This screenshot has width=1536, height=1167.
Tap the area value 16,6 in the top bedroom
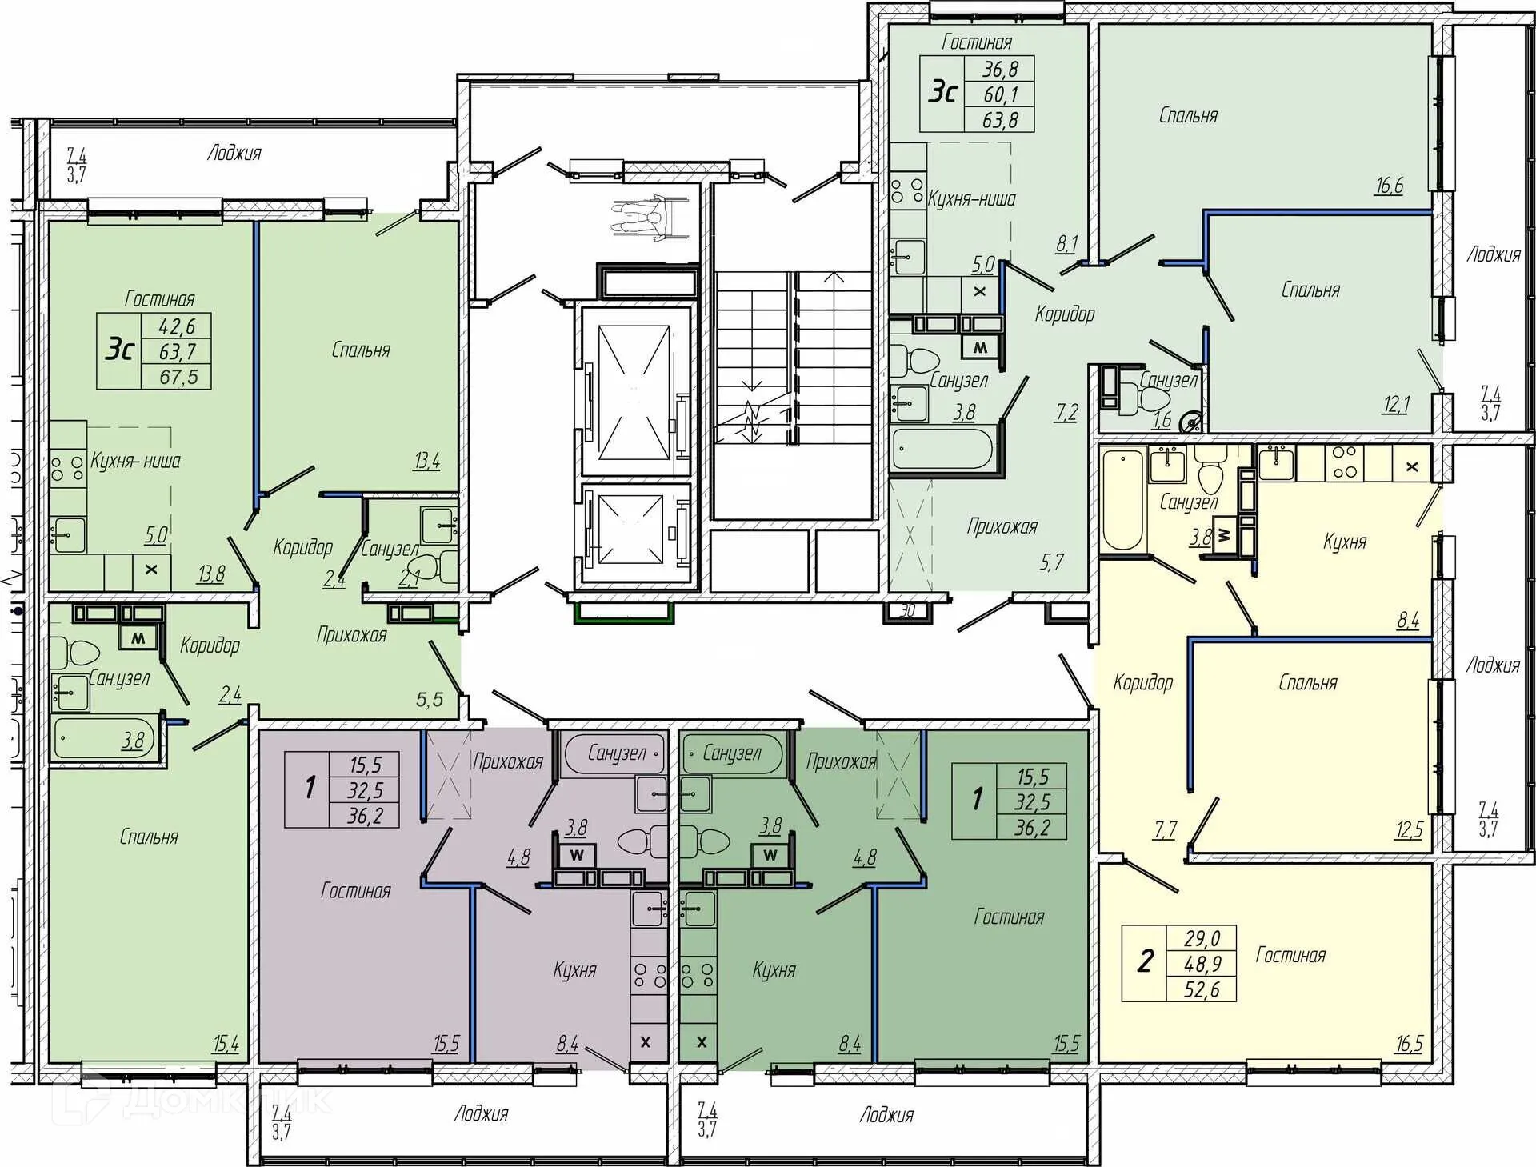tap(1389, 186)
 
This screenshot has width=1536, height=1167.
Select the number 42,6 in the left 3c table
tap(177, 326)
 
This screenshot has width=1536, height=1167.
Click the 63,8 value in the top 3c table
tap(1000, 120)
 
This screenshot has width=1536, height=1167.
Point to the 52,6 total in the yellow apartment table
tap(1202, 989)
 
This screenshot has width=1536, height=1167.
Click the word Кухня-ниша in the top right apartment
tap(972, 198)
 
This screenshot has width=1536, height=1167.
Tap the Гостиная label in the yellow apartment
tap(1290, 955)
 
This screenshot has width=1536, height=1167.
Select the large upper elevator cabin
tap(634, 390)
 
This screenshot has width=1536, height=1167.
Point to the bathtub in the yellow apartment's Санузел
tap(1122, 500)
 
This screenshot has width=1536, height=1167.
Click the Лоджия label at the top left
tap(234, 153)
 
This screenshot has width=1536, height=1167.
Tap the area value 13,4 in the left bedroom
tap(426, 461)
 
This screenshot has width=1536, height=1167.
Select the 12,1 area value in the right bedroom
tap(1396, 405)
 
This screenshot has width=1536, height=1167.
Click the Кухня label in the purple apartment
tap(574, 970)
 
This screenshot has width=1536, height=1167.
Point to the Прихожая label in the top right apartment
tap(1002, 526)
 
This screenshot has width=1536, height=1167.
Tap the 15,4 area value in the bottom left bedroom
tap(226, 1044)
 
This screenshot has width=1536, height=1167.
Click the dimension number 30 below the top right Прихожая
tap(907, 611)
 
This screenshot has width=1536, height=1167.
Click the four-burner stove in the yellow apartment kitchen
tap(1345, 462)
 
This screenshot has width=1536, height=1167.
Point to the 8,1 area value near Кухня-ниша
tap(1067, 244)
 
